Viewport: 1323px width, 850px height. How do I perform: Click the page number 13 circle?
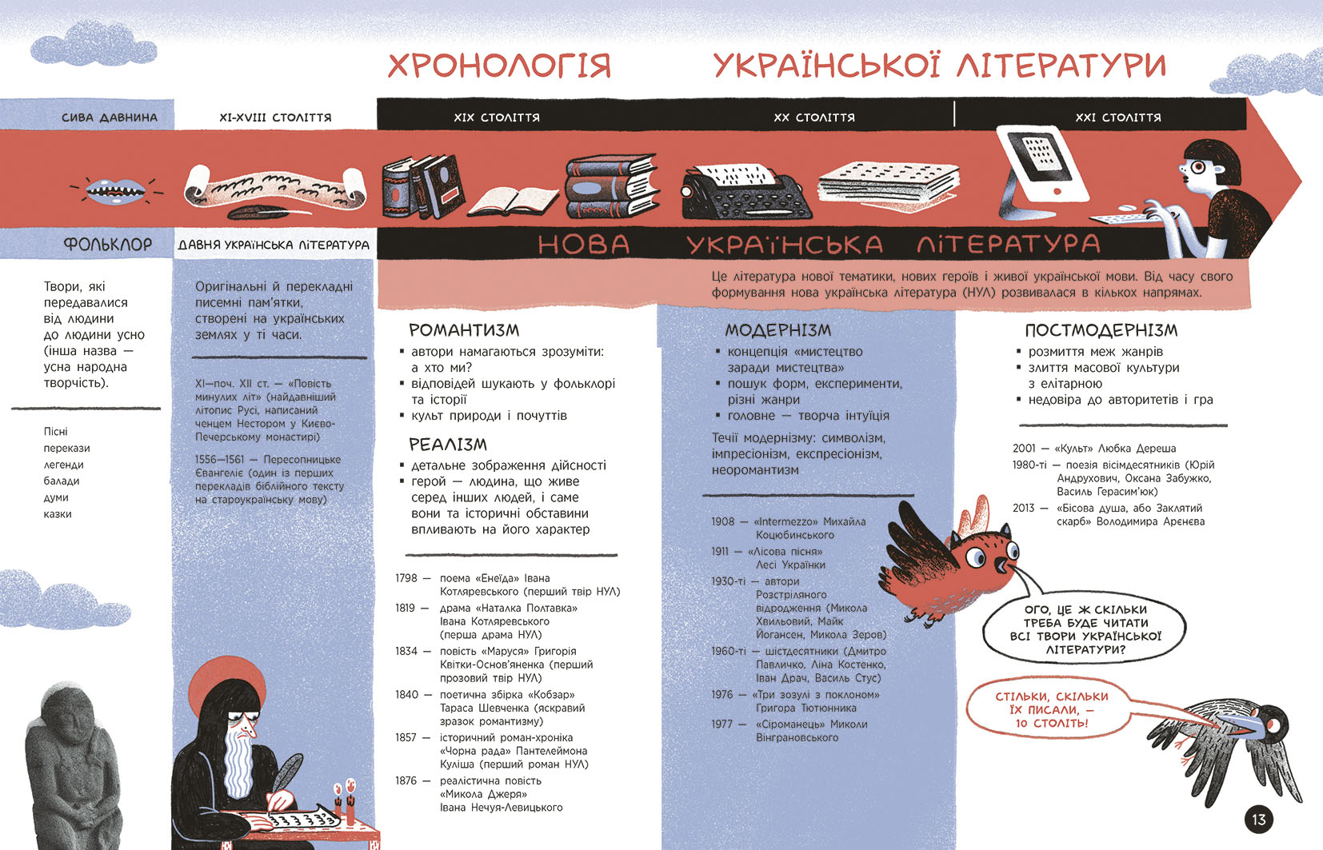coord(1259,820)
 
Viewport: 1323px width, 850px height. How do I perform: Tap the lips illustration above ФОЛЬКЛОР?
coord(116,190)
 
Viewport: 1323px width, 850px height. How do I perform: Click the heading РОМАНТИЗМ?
coord(464,330)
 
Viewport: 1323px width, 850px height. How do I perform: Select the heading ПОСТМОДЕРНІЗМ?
coord(1101,330)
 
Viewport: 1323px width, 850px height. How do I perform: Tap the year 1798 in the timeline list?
coord(406,578)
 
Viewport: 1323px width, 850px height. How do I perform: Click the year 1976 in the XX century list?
coord(721,695)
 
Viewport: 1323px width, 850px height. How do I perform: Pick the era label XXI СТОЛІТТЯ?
coord(1117,118)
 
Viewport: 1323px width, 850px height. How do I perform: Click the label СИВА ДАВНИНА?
coord(110,118)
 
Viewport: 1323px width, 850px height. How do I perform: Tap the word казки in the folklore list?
coord(58,514)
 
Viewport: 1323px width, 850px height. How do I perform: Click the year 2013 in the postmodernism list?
coord(1023,508)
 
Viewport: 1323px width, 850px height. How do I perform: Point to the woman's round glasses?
coord(1197,167)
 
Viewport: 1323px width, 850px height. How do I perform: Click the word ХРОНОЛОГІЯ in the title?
coord(499,66)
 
